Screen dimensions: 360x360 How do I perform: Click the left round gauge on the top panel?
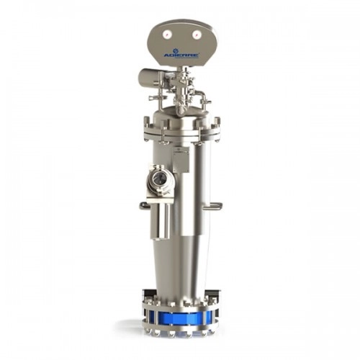[x=166, y=35]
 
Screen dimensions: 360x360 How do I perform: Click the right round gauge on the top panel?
[x=196, y=35]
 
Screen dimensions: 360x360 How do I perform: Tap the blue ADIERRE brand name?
[x=181, y=55]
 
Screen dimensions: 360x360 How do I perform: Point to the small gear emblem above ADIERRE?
[x=181, y=50]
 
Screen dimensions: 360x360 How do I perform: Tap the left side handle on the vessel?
[x=145, y=206]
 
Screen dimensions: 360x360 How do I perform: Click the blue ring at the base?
[x=179, y=316]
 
